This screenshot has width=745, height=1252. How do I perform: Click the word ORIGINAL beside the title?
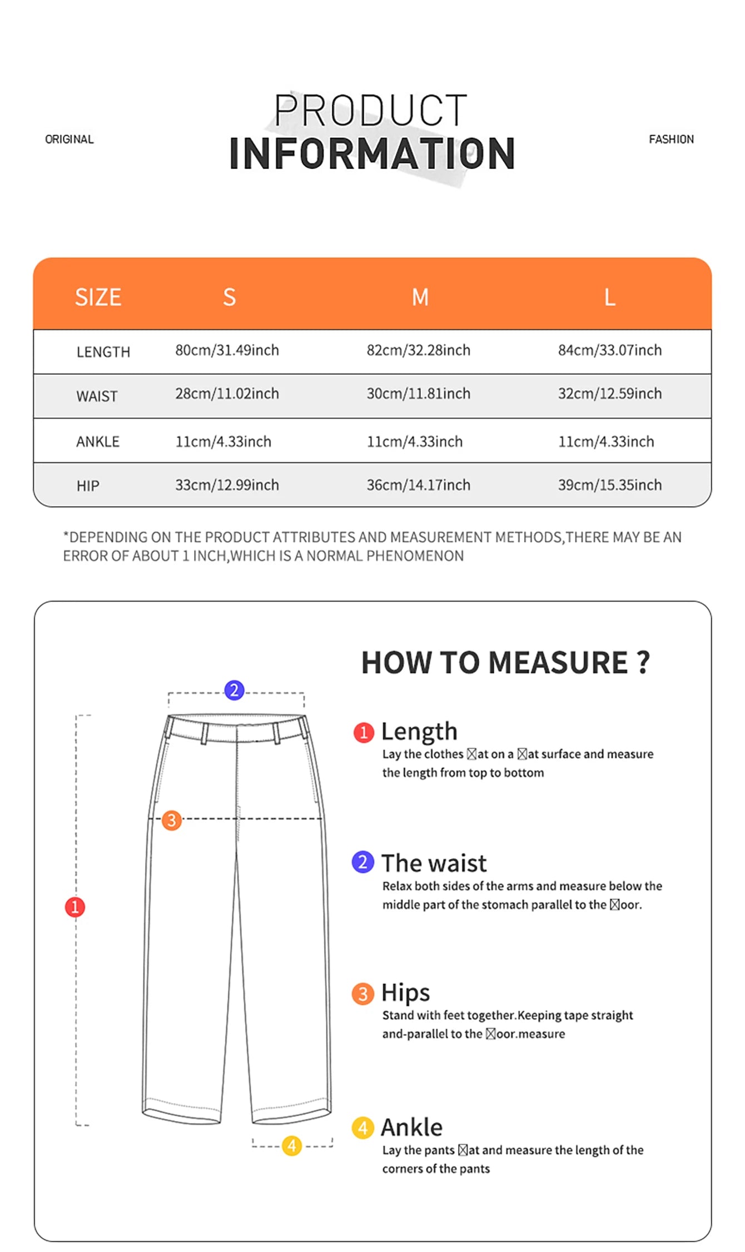coord(69,140)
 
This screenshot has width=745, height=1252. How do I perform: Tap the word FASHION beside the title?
coord(671,140)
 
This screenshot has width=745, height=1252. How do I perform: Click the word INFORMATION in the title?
coord(372,155)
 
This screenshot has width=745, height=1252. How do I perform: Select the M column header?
coord(420,297)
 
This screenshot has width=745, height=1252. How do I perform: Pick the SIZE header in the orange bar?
coord(98,297)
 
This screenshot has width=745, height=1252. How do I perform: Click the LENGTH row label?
coord(103,352)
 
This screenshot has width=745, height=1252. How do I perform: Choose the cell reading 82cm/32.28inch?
coord(418,350)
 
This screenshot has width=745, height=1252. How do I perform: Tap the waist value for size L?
coord(609,394)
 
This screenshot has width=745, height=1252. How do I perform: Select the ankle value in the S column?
coord(223,441)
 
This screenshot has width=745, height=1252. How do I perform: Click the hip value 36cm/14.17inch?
coord(418,485)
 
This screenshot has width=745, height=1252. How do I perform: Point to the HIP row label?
coord(88,486)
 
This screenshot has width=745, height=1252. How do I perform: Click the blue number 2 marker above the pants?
coord(234,690)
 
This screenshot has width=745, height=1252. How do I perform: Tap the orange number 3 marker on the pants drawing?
coord(172,820)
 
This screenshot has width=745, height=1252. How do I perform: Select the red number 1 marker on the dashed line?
coord(75,907)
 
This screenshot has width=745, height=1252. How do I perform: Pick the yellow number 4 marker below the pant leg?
coord(291,1145)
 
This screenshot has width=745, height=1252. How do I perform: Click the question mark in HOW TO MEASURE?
coord(643,662)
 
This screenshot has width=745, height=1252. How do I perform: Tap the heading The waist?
coord(434,863)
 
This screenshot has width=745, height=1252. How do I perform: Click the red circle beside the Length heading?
coord(364,732)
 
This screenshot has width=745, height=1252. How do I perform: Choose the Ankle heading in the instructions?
coord(411,1127)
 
